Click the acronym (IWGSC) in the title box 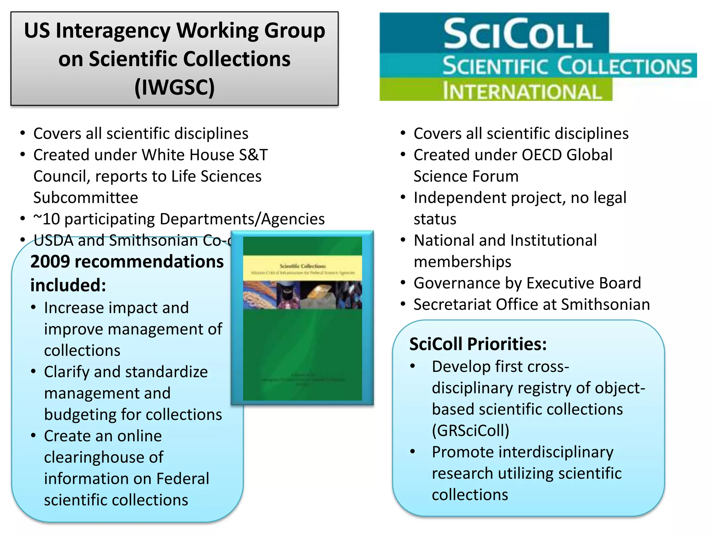[x=175, y=87]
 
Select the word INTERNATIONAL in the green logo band [x=522, y=92]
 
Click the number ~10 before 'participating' [x=47, y=219]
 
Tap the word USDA [x=54, y=241]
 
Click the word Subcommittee [x=86, y=198]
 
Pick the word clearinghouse [x=104, y=458]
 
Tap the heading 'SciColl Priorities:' [x=478, y=344]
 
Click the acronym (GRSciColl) [x=471, y=431]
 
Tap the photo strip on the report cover [x=302, y=295]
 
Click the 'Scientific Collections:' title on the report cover [x=303, y=266]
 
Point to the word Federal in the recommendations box [x=183, y=479]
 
